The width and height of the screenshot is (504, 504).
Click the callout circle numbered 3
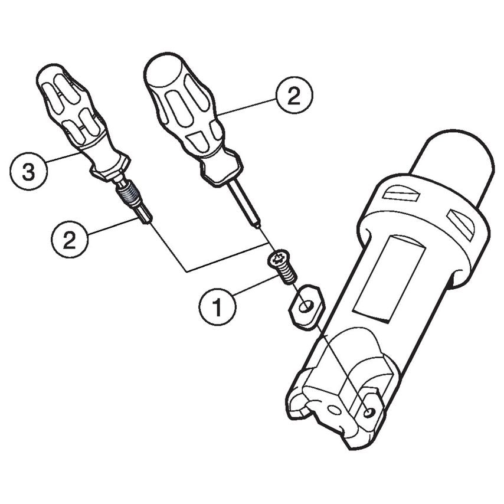[x=28, y=171]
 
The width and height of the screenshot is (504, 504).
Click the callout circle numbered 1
[x=218, y=307]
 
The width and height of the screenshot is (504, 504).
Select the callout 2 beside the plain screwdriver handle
[x=294, y=95]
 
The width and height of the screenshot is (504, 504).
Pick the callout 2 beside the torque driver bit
[x=70, y=239]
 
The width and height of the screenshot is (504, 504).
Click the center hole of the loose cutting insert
[x=305, y=306]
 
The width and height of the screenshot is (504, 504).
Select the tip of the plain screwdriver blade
[x=258, y=225]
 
